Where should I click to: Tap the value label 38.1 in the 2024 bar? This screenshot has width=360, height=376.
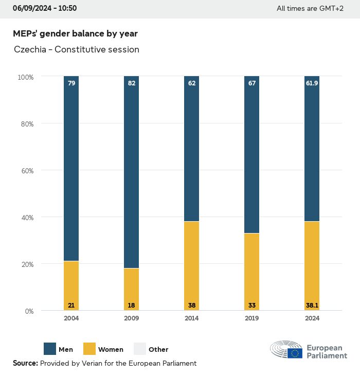tap(312, 305)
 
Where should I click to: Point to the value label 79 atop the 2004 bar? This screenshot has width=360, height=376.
tap(71, 83)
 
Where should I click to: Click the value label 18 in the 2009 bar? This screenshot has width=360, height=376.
tap(131, 305)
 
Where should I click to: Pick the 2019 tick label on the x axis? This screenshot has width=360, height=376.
tap(252, 318)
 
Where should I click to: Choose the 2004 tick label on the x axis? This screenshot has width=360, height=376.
tap(71, 318)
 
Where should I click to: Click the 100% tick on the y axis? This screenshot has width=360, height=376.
tap(25, 77)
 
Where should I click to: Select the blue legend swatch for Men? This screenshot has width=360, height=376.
tap(50, 349)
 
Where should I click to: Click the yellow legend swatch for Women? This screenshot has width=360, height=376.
tap(89, 349)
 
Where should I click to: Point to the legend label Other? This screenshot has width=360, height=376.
tap(158, 349)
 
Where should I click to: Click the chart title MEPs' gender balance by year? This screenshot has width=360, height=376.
tap(75, 33)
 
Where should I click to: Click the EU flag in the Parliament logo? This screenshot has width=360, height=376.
tap(295, 353)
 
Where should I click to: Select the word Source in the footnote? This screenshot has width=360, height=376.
tap(25, 363)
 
